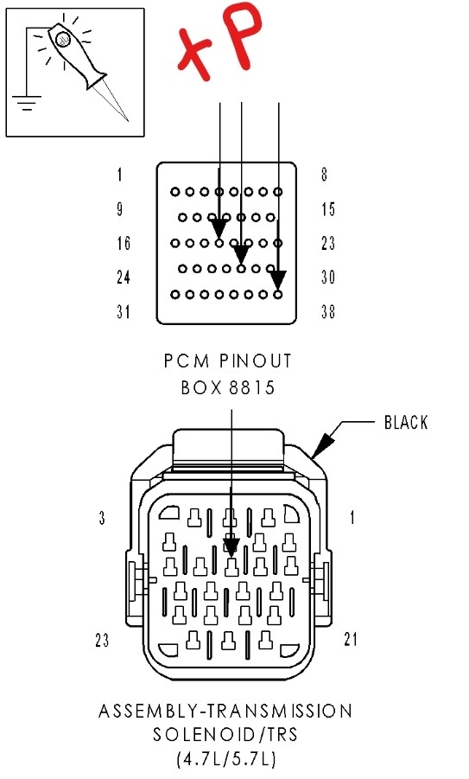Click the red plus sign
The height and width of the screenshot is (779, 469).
pos(195,54)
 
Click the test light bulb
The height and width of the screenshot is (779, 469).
pos(62,39)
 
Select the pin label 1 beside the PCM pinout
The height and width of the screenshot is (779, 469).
pos(119,175)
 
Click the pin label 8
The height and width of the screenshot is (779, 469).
pos(324,175)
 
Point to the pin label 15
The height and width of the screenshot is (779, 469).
pos(328,209)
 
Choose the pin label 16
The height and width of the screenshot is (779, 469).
pos(124,244)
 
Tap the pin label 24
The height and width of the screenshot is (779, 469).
pos(124,278)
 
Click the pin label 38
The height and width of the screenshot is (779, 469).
pos(328,312)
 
